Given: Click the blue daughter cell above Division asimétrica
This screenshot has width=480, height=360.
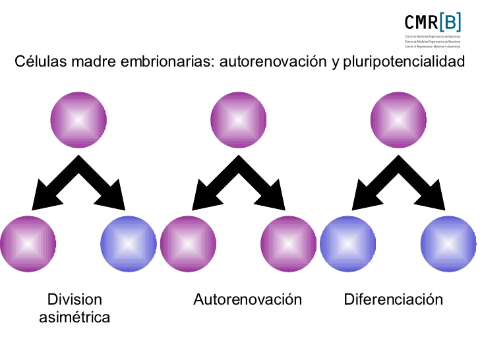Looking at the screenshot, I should (x=129, y=243).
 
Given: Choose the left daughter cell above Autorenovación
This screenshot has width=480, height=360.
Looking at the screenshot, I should (x=189, y=243).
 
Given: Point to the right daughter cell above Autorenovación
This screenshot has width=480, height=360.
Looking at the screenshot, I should (x=289, y=243).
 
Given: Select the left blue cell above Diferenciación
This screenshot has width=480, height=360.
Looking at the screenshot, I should (x=347, y=243).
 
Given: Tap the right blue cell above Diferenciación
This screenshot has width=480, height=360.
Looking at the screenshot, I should (x=448, y=243).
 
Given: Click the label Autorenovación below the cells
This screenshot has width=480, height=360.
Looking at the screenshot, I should (x=247, y=299).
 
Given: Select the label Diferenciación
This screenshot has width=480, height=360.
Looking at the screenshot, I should (x=393, y=299).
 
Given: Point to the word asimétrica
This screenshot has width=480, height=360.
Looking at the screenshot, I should (x=75, y=317).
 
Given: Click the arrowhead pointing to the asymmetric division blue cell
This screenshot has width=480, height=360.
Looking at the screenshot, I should (x=116, y=202).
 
